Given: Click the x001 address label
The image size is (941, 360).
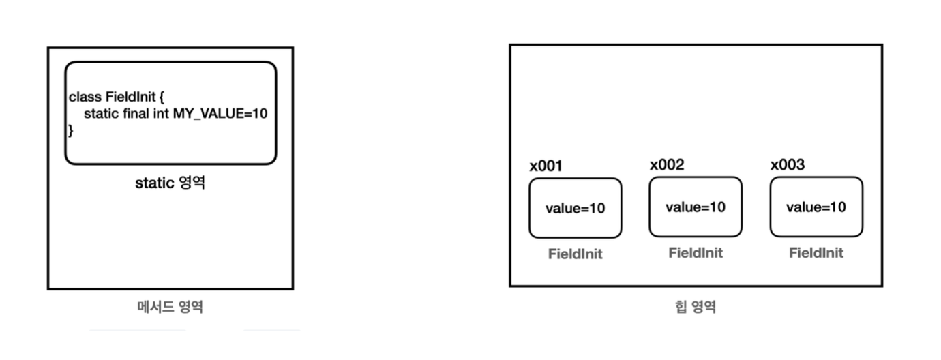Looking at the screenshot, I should point(546,166).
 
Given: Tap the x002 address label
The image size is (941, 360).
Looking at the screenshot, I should point(667,165).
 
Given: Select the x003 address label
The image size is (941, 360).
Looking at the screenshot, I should point(787,165).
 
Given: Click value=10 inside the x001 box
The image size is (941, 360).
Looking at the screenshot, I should point(575,209).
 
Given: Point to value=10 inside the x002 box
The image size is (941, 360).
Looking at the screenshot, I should point(696,207).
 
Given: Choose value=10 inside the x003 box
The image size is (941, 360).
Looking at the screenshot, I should point(816,207).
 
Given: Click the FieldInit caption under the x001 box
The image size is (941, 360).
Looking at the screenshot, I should point(576,254).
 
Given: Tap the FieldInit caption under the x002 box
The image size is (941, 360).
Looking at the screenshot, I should point(696,253).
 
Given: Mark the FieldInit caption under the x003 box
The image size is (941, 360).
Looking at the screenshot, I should point(816,253).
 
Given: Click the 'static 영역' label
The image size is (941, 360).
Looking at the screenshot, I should point(170,183).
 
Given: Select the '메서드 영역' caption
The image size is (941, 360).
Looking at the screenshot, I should point(170,307).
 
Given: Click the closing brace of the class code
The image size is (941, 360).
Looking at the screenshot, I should point(70,130).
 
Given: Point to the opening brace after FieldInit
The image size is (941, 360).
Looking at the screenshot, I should point(161,97).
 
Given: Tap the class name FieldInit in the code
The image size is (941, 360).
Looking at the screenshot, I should point(130,97).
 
